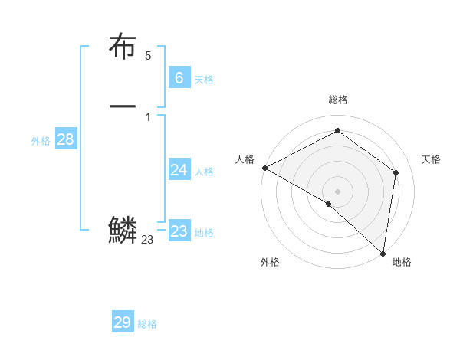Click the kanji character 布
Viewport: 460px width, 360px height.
tap(123, 47)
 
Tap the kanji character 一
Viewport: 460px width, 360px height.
tap(123, 106)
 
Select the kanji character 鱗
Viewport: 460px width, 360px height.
tap(123, 230)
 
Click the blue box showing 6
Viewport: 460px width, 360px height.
tap(179, 78)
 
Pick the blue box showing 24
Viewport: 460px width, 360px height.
tap(179, 170)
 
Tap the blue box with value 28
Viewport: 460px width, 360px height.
tap(65, 139)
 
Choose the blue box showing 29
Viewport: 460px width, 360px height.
tap(123, 322)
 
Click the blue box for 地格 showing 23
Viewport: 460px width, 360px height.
tap(179, 231)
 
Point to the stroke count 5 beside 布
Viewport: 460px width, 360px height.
tap(148, 56)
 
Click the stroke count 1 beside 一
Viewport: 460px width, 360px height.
tap(148, 116)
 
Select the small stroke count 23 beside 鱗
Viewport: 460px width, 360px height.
tap(148, 240)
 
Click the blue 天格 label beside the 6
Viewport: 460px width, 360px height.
tap(204, 80)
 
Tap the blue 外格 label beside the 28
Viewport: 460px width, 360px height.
tap(41, 141)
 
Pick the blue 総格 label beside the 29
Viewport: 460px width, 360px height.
tap(148, 324)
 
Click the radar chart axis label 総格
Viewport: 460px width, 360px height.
tap(338, 100)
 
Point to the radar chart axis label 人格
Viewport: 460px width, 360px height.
tap(245, 159)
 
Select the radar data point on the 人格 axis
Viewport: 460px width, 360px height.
tap(264, 168)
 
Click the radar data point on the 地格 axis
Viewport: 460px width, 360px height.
tap(383, 253)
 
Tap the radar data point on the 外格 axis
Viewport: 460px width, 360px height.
tap(329, 204)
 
